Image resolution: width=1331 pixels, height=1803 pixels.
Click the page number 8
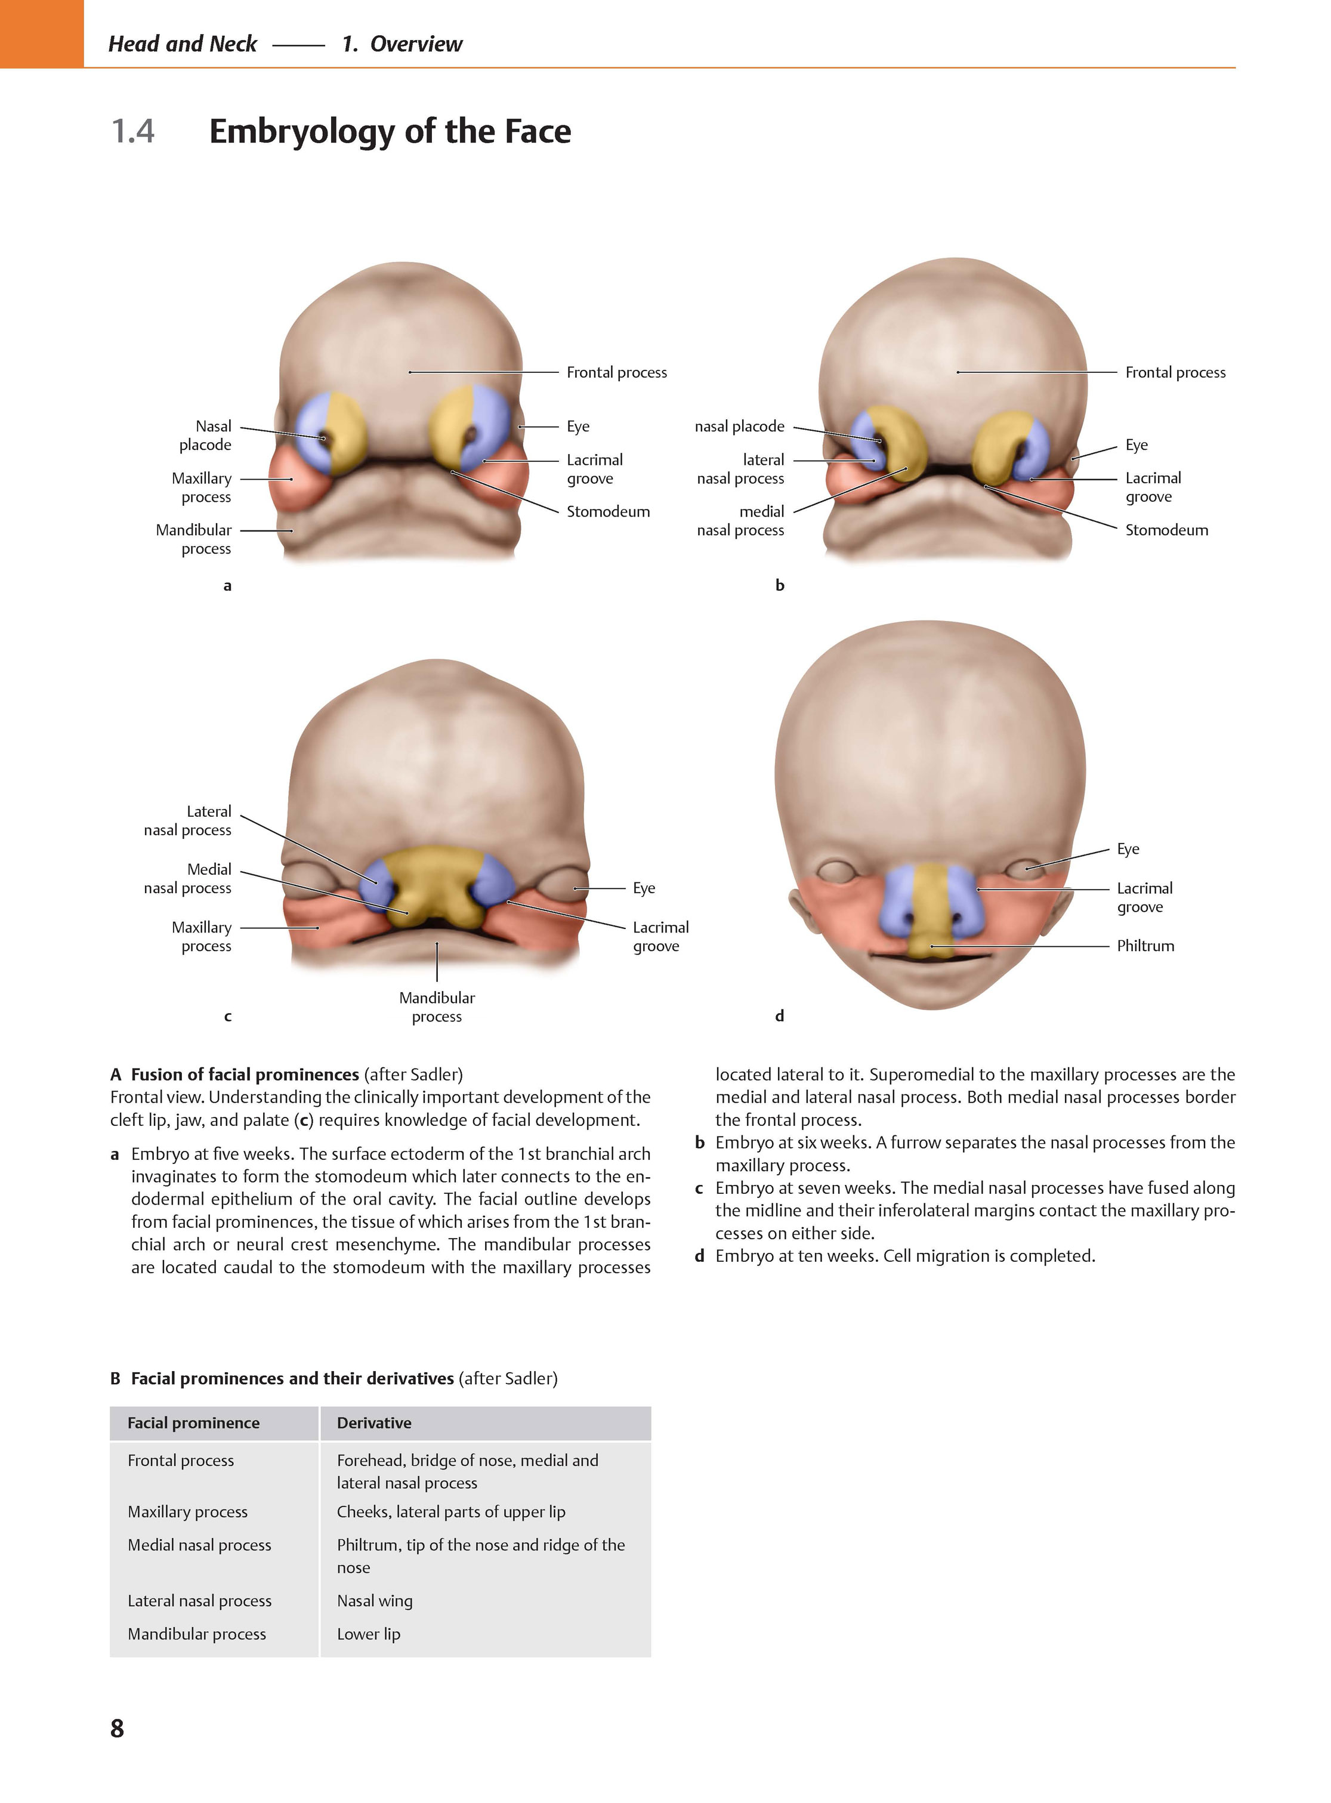point(117,1727)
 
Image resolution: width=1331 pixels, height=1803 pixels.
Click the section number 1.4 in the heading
point(133,131)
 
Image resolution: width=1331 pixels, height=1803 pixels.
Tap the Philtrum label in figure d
point(1145,946)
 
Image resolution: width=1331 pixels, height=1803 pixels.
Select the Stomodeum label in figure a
point(607,511)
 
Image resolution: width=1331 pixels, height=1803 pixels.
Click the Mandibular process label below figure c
point(437,1007)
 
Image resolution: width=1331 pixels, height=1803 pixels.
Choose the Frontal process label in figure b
point(1175,372)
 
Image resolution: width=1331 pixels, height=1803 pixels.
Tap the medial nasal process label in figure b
point(740,520)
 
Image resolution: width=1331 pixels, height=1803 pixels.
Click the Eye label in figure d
point(1128,849)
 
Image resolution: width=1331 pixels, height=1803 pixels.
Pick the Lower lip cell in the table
point(368,1633)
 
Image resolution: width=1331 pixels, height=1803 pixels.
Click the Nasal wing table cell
point(375,1600)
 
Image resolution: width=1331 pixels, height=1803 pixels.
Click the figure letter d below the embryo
point(779,1016)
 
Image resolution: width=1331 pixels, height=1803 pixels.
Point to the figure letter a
point(227,586)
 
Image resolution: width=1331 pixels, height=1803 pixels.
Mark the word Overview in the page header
point(416,44)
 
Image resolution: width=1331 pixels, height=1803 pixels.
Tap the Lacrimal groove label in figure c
point(660,936)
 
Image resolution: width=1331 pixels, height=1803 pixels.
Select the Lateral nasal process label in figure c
point(188,820)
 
